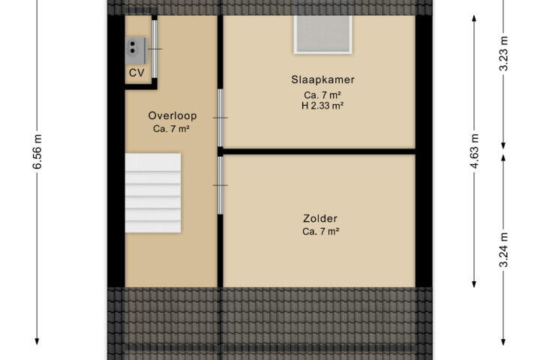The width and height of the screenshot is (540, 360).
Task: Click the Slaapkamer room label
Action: [x=322, y=79]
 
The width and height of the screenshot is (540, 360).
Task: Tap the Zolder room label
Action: [x=320, y=218]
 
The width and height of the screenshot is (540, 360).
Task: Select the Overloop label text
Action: [x=172, y=115]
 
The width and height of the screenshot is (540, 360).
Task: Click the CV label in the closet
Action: [x=136, y=73]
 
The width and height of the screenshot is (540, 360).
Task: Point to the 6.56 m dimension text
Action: [x=37, y=151]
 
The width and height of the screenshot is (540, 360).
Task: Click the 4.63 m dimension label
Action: [x=474, y=151]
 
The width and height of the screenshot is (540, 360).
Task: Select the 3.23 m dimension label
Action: [x=503, y=53]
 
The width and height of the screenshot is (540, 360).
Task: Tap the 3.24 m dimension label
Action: [x=503, y=250]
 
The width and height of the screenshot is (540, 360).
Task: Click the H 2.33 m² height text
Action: [x=322, y=106]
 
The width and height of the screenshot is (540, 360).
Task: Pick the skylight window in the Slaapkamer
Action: [x=322, y=34]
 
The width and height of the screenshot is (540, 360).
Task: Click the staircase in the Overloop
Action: [x=153, y=193]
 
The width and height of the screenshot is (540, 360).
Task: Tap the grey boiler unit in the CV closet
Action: [x=136, y=51]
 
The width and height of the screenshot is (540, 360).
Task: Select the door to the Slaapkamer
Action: [x=220, y=118]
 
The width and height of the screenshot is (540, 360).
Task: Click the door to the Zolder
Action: [x=220, y=185]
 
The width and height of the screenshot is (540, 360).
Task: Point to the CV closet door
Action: [x=155, y=49]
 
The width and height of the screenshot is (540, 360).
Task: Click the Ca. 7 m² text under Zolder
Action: [x=321, y=232]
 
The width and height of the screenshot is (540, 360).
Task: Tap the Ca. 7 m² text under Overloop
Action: [x=172, y=129]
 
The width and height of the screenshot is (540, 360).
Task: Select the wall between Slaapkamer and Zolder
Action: [x=319, y=151]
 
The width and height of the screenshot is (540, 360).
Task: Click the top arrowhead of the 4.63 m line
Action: [x=474, y=19]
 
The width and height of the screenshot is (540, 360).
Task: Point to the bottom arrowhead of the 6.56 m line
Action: [x=37, y=341]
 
